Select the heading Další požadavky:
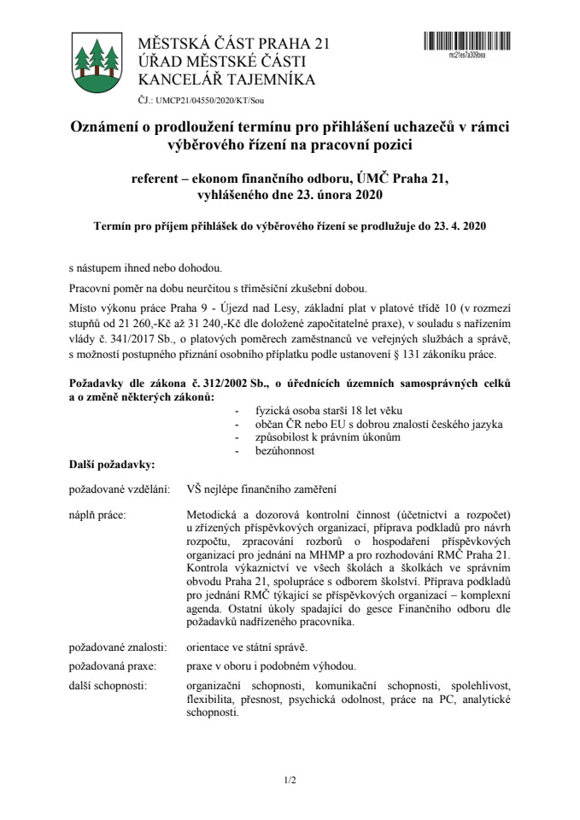pos(111,464)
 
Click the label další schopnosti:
pos(108,685)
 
